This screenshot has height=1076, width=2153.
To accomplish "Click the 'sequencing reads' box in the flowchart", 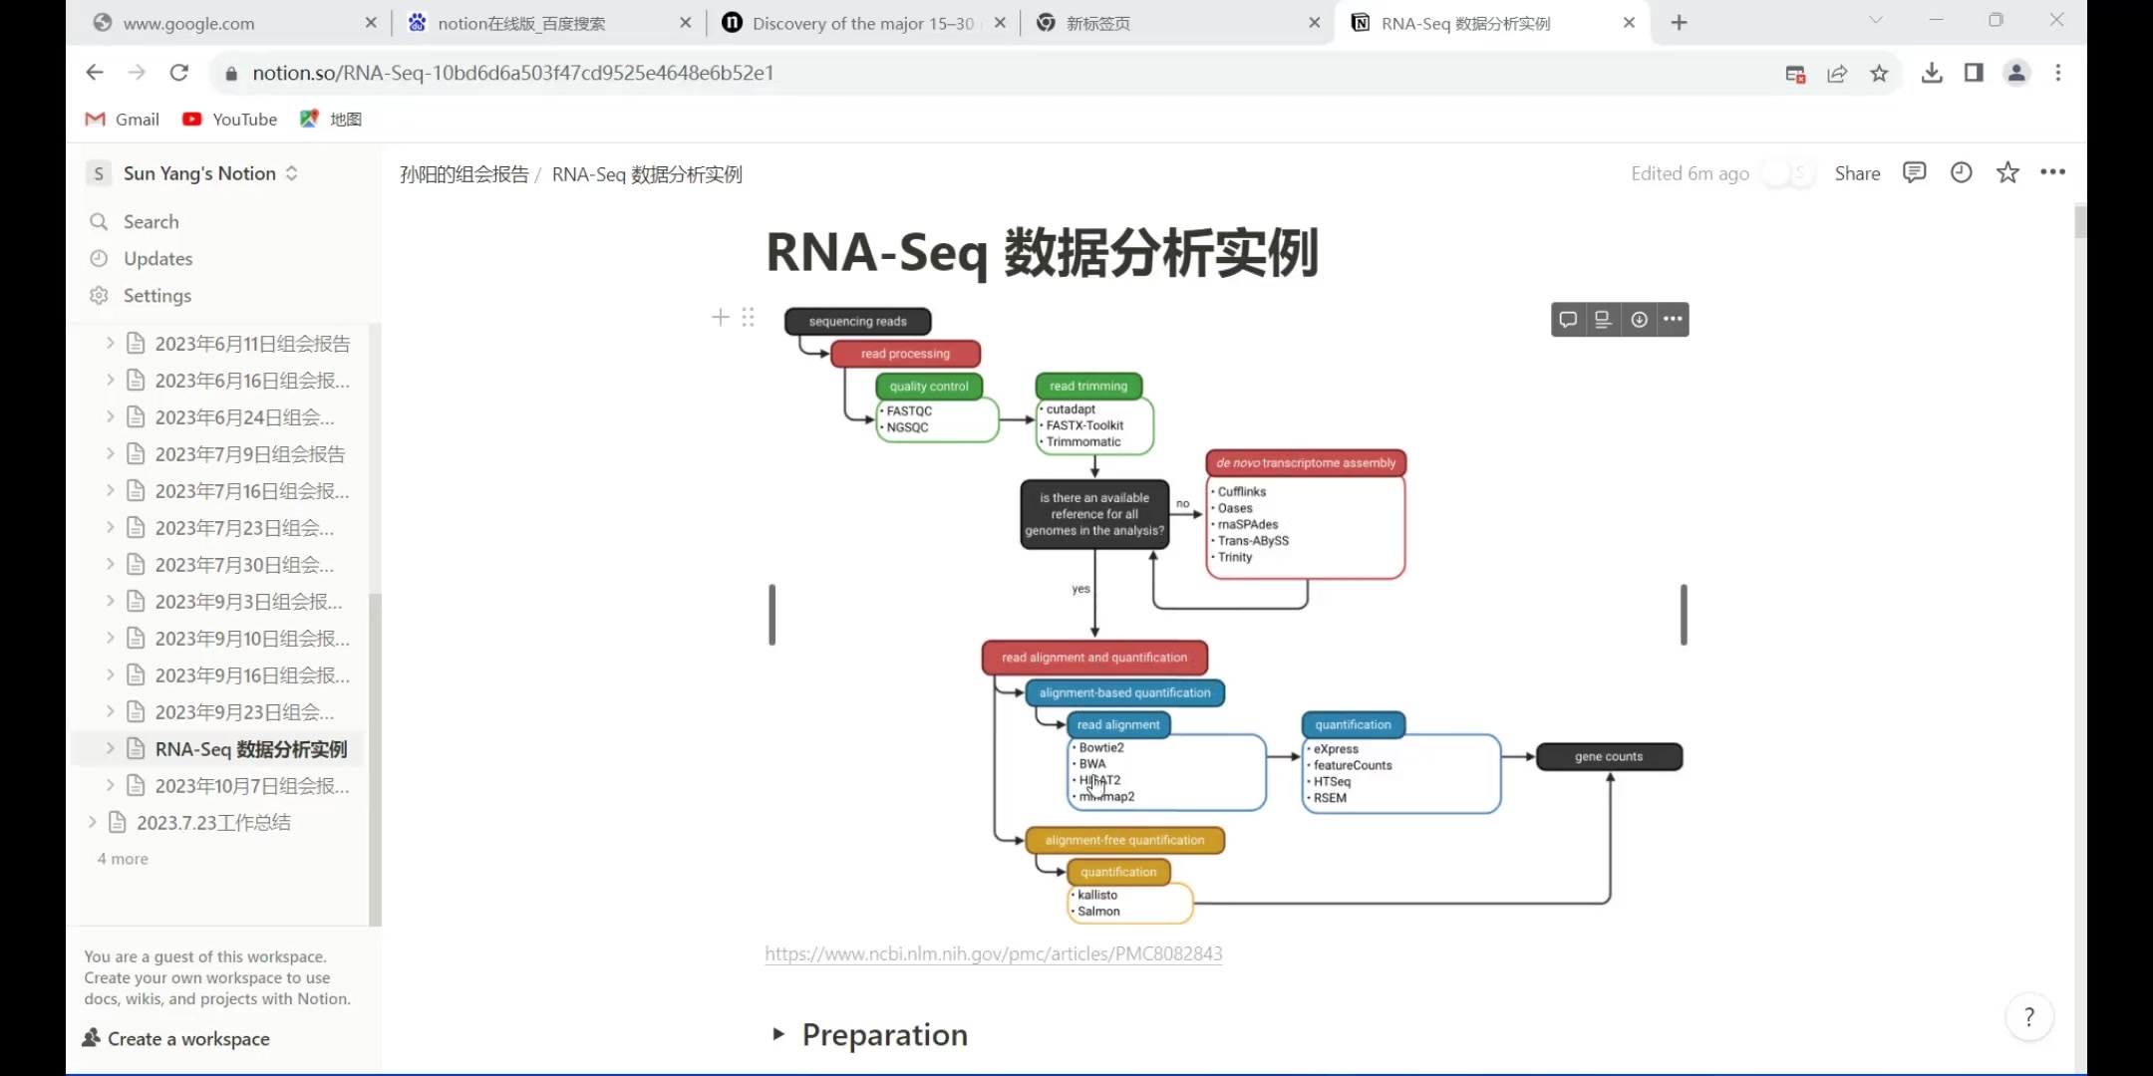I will [x=857, y=321].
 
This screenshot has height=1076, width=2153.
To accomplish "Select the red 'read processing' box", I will [x=905, y=354].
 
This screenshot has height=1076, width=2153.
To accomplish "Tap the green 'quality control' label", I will [x=929, y=387].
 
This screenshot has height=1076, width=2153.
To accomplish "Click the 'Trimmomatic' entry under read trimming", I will [x=1083, y=441].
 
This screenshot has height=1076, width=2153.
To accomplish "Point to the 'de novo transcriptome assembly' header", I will [x=1306, y=463].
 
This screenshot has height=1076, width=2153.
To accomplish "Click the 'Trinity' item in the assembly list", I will [x=1235, y=557].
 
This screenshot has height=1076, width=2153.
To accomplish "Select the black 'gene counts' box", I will [x=1609, y=756].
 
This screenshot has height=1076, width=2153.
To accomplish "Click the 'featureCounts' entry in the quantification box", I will [x=1353, y=765].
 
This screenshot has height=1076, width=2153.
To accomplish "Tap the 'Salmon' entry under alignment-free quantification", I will [x=1098, y=911].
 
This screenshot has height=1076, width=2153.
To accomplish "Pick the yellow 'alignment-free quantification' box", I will [x=1124, y=840].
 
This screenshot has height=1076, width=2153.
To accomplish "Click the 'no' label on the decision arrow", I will [x=1182, y=504].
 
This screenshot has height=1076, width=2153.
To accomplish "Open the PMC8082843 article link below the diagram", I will [x=993, y=953].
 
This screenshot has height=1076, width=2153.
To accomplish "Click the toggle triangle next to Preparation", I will [x=778, y=1034].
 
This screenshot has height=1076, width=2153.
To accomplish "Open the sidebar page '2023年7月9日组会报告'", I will [x=249, y=454].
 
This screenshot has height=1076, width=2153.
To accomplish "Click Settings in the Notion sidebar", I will [x=156, y=296].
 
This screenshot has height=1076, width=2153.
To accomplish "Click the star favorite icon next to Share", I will [x=2007, y=173].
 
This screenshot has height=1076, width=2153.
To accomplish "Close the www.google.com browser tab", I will [x=371, y=23].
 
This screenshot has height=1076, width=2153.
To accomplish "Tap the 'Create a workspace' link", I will [x=187, y=1038].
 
